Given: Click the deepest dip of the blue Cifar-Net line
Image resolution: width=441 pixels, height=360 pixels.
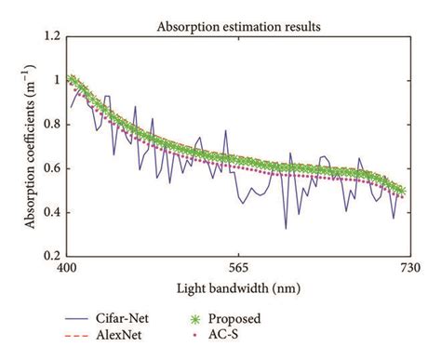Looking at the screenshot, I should click(x=286, y=228).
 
